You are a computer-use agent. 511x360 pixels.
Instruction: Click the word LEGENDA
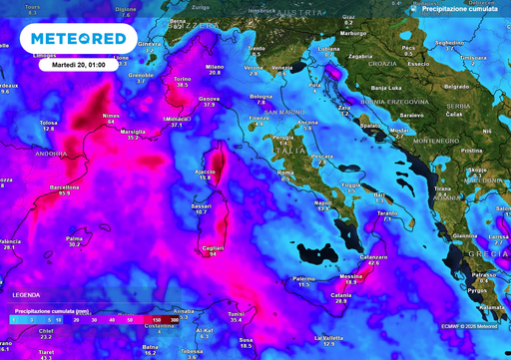click(x=27, y=295)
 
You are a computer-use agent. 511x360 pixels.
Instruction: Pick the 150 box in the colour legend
click(x=157, y=320)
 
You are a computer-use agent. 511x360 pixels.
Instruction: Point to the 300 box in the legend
click(x=176, y=320)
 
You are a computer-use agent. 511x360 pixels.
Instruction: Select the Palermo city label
click(x=304, y=278)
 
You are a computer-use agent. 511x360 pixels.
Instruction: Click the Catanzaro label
click(x=373, y=257)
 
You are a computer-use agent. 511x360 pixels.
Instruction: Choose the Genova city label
click(x=210, y=99)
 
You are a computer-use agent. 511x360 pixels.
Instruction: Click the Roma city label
click(x=285, y=173)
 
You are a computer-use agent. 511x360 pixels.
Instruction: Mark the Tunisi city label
click(x=236, y=313)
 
